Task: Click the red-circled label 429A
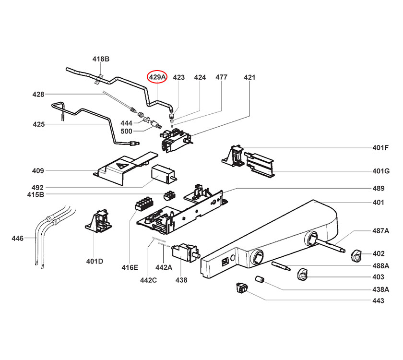157,77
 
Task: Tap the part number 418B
101,59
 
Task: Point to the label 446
18,238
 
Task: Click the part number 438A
380,289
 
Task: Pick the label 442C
149,280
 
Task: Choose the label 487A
380,231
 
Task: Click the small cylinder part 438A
260,279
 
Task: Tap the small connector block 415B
169,195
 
